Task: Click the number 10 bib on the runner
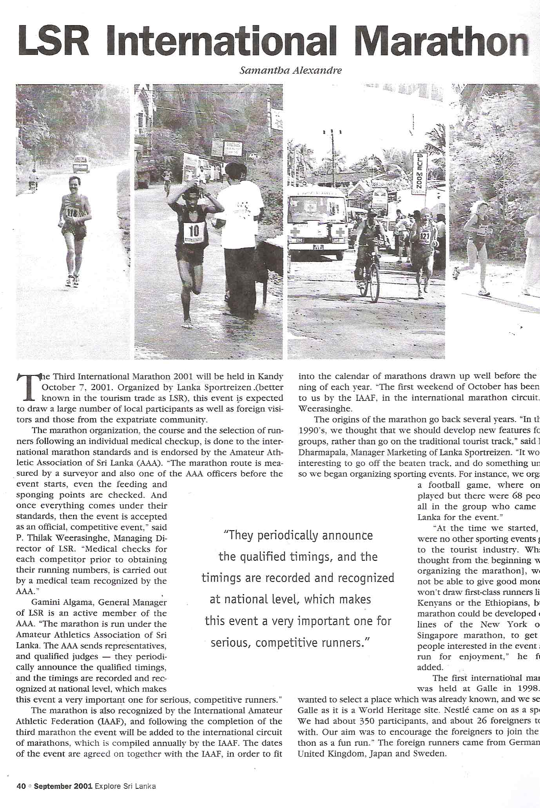tap(194, 231)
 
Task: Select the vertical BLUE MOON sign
tap(419, 173)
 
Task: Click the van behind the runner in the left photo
tap(81, 163)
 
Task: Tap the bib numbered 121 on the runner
tap(426, 236)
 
